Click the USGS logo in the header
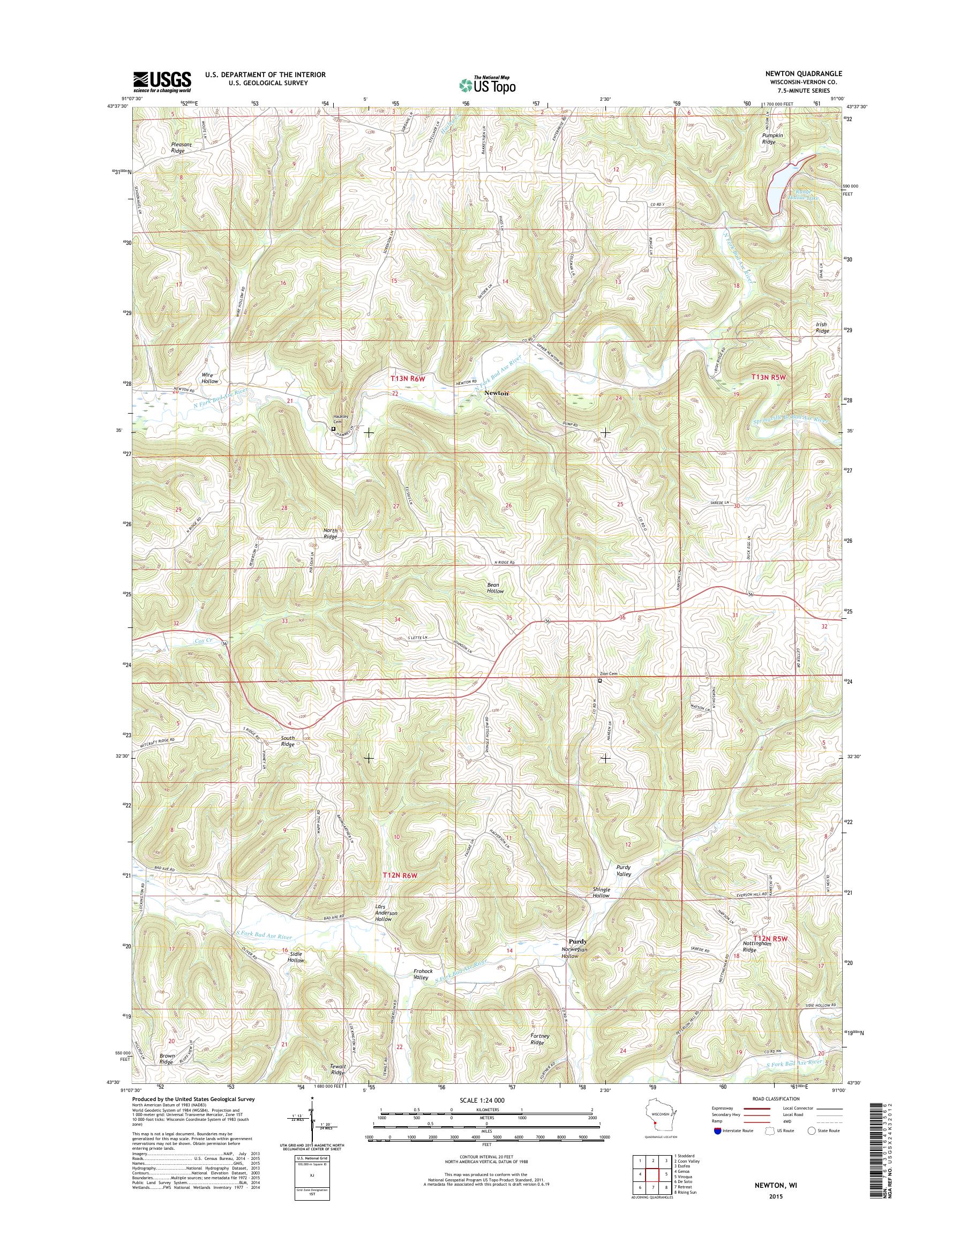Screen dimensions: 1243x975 coord(162,81)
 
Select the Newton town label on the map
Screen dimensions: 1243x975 coord(496,394)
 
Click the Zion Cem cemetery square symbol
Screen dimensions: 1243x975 coord(600,680)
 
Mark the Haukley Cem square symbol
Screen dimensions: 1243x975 coord(333,428)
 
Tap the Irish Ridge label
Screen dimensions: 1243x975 coord(822,328)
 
